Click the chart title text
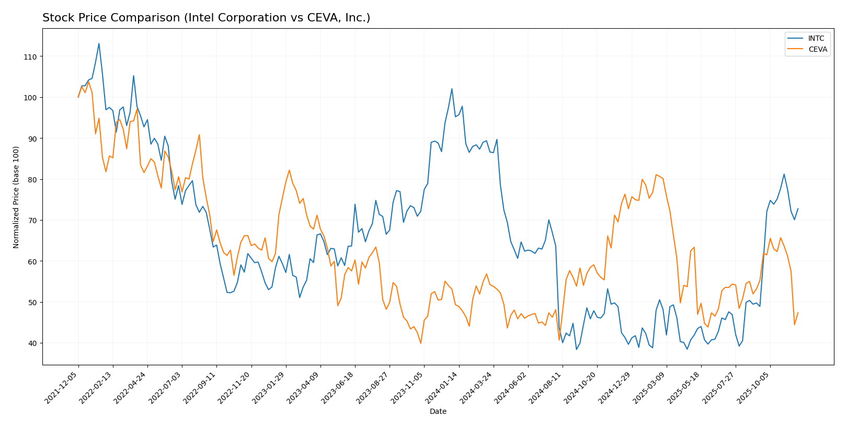coord(206,18)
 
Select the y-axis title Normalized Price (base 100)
coord(16,197)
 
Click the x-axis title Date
coord(438,412)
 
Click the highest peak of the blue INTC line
coord(99,43)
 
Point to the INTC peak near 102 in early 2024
coord(452,89)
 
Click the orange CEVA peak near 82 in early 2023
coord(289,170)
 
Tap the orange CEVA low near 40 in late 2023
coord(421,343)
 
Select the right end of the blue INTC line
coord(798,209)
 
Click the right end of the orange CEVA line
coord(798,313)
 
